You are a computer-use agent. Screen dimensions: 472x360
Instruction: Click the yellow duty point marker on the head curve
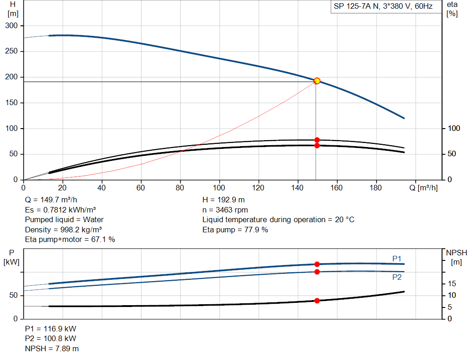click(x=317, y=81)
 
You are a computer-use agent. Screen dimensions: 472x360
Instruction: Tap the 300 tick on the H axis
click(x=12, y=26)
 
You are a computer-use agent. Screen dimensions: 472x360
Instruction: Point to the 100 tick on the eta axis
click(x=454, y=128)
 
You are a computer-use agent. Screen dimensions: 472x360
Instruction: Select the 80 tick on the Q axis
click(x=180, y=188)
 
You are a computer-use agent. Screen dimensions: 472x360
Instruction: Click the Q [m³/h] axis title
click(x=424, y=188)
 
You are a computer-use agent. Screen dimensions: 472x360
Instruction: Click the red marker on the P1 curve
click(x=317, y=264)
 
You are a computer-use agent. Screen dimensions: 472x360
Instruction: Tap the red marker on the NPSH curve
click(x=317, y=301)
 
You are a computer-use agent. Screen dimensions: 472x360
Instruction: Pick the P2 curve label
click(x=397, y=277)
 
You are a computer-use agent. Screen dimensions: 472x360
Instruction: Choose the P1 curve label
click(x=397, y=259)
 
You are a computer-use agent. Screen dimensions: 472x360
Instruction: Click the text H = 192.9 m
click(x=224, y=200)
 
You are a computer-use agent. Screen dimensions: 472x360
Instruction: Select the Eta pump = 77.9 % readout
click(x=235, y=230)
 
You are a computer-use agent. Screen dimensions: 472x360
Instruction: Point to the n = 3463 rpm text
click(x=225, y=210)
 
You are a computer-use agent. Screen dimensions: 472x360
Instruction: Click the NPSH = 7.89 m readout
click(x=52, y=348)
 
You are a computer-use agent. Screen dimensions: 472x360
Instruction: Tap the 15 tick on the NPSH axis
click(x=452, y=283)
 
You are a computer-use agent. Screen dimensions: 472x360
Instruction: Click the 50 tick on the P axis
click(x=13, y=295)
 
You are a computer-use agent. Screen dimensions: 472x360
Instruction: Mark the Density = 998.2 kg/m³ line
click(x=63, y=230)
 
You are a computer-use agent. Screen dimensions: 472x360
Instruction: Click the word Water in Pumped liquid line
click(x=93, y=220)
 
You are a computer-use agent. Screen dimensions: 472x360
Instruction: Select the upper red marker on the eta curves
click(x=317, y=140)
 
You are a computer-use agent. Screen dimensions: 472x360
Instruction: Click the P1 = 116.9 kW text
click(x=51, y=329)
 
